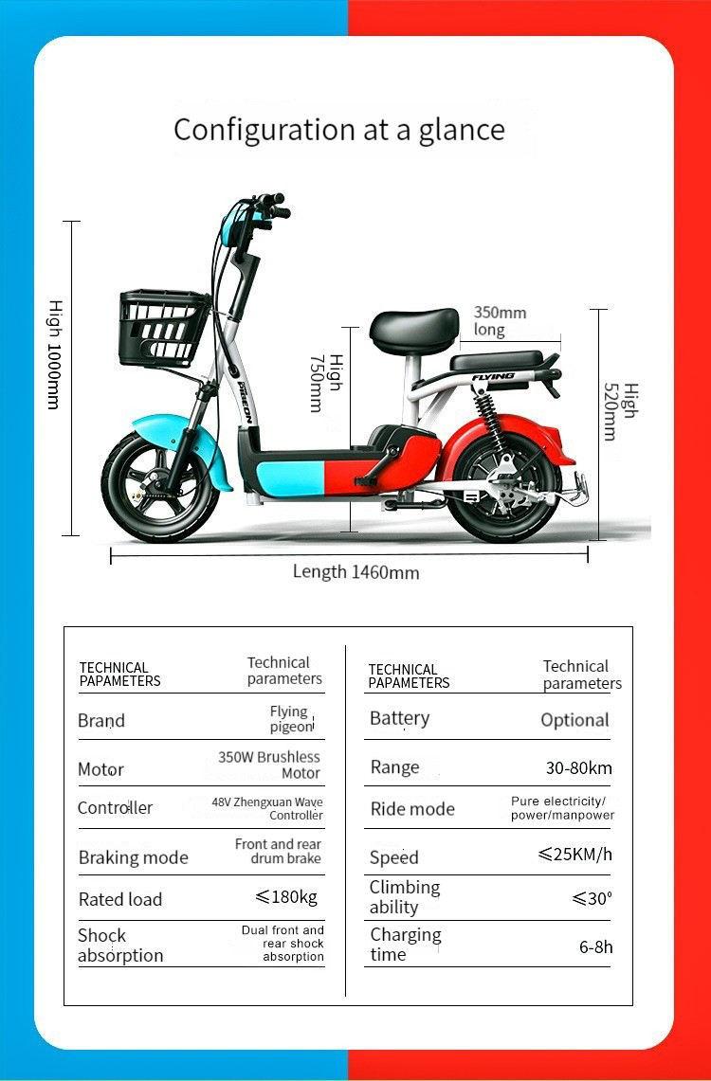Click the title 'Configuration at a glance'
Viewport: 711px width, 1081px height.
[x=339, y=130]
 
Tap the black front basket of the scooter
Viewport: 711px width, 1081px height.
[x=162, y=327]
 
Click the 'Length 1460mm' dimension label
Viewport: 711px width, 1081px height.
[x=355, y=571]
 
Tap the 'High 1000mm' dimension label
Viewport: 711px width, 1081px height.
[x=54, y=354]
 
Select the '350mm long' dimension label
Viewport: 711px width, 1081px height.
[x=500, y=321]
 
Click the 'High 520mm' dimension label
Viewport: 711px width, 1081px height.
[x=621, y=412]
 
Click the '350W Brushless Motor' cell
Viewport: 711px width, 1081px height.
[x=270, y=765]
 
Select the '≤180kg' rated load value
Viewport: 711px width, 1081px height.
[x=286, y=897]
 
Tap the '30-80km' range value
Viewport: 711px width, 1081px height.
[x=578, y=767]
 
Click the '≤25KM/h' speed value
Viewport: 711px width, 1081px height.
[x=574, y=855]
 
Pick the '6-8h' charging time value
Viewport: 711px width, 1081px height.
[x=596, y=946]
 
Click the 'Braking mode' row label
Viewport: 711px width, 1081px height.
[x=133, y=857]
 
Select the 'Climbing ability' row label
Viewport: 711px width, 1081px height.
[x=405, y=896]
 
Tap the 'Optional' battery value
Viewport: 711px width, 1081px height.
[x=574, y=720]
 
